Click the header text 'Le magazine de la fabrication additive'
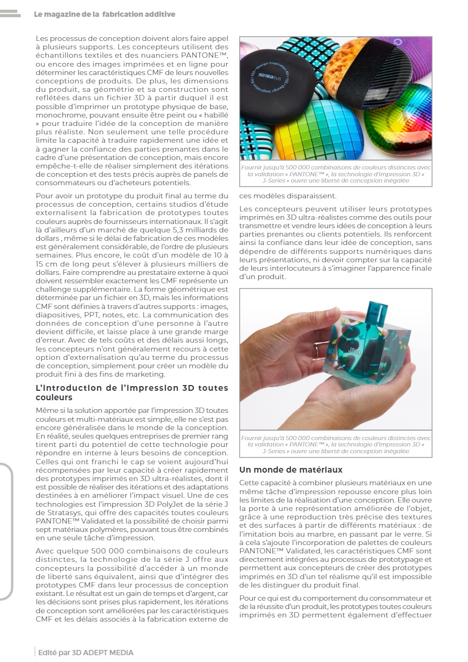[104, 15]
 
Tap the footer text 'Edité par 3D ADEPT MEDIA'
[86, 653]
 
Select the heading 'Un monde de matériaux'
[291, 469]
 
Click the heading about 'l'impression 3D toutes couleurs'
[132, 392]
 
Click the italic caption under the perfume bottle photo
[336, 444]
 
